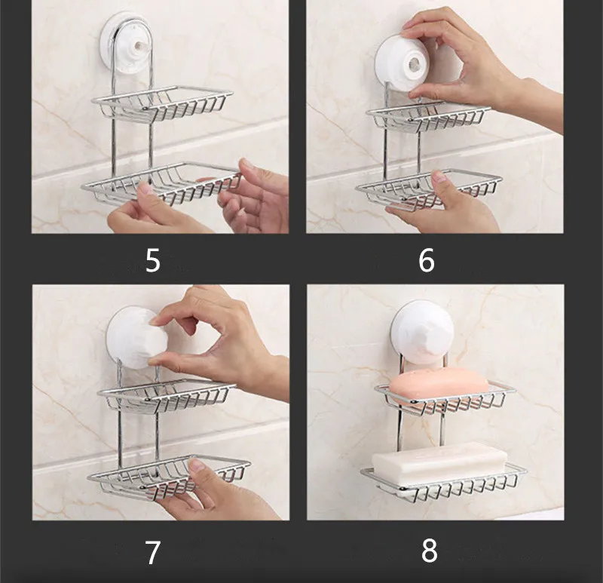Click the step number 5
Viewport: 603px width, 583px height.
pos(153,260)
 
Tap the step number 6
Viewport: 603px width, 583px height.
pos(426,260)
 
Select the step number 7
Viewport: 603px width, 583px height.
pos(152,553)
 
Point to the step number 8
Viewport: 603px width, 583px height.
pos(429,551)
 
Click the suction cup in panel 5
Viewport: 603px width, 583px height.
pos(127,41)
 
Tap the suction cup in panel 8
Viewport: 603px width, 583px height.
pos(422,331)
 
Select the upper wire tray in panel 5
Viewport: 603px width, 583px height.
pos(161,103)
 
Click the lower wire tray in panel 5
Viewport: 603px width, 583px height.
pos(161,183)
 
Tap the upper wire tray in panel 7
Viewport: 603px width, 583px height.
pos(166,396)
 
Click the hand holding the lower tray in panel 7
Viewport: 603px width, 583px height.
pos(216,492)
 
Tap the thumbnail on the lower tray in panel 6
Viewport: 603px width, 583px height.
pos(439,176)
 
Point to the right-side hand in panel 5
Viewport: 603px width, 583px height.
pos(254,196)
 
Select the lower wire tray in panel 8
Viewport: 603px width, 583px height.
pos(443,483)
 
